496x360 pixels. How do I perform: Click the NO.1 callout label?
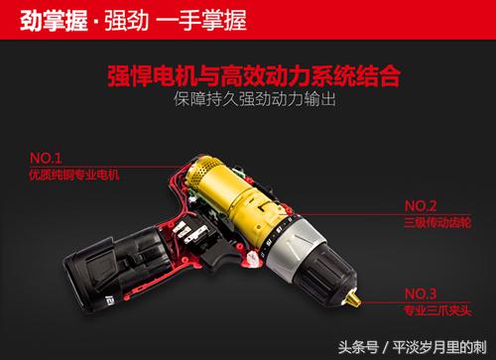tap(46, 158)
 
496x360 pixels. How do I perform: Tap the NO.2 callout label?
tap(421, 206)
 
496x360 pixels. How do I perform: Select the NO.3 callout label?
tap(421, 294)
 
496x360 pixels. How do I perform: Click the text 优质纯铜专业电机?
tap(74, 175)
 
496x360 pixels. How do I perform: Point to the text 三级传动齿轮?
tap(437, 222)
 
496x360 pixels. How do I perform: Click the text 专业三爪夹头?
tap(437, 310)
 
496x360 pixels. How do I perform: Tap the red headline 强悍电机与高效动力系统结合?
tap(254, 76)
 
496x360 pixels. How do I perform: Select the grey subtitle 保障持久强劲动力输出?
tap(255, 99)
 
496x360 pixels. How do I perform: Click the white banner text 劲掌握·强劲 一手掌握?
tap(133, 21)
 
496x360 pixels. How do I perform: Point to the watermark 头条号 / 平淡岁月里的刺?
tap(413, 347)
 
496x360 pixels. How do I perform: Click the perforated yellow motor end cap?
tap(202, 171)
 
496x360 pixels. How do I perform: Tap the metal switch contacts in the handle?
tap(189, 231)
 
